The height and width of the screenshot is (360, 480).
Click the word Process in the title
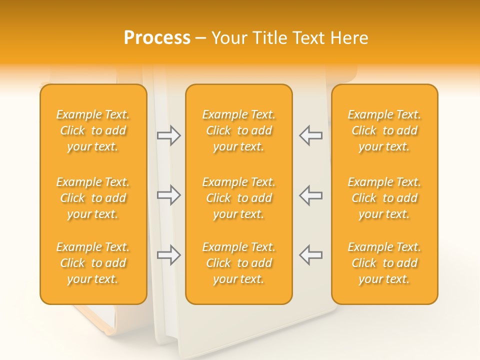[x=157, y=38]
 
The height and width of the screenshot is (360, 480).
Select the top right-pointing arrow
[x=169, y=135]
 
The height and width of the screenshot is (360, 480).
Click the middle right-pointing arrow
[x=169, y=195]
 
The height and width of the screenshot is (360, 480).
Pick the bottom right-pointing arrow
[x=169, y=255]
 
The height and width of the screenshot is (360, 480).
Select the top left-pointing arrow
[x=310, y=135]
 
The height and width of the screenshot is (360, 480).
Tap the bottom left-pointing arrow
[x=310, y=254]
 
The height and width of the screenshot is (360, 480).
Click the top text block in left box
[x=93, y=130]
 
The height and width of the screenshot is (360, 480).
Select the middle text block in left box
[x=93, y=198]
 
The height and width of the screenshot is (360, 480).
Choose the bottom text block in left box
[x=93, y=263]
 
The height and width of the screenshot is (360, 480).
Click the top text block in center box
[x=238, y=130]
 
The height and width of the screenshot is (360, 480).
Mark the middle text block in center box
[x=238, y=198]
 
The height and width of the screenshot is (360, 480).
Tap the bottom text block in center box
[x=238, y=263]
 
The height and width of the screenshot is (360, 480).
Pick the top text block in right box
[x=384, y=130]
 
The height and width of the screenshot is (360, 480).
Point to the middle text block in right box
[x=384, y=198]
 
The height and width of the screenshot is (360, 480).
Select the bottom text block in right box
[x=384, y=263]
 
